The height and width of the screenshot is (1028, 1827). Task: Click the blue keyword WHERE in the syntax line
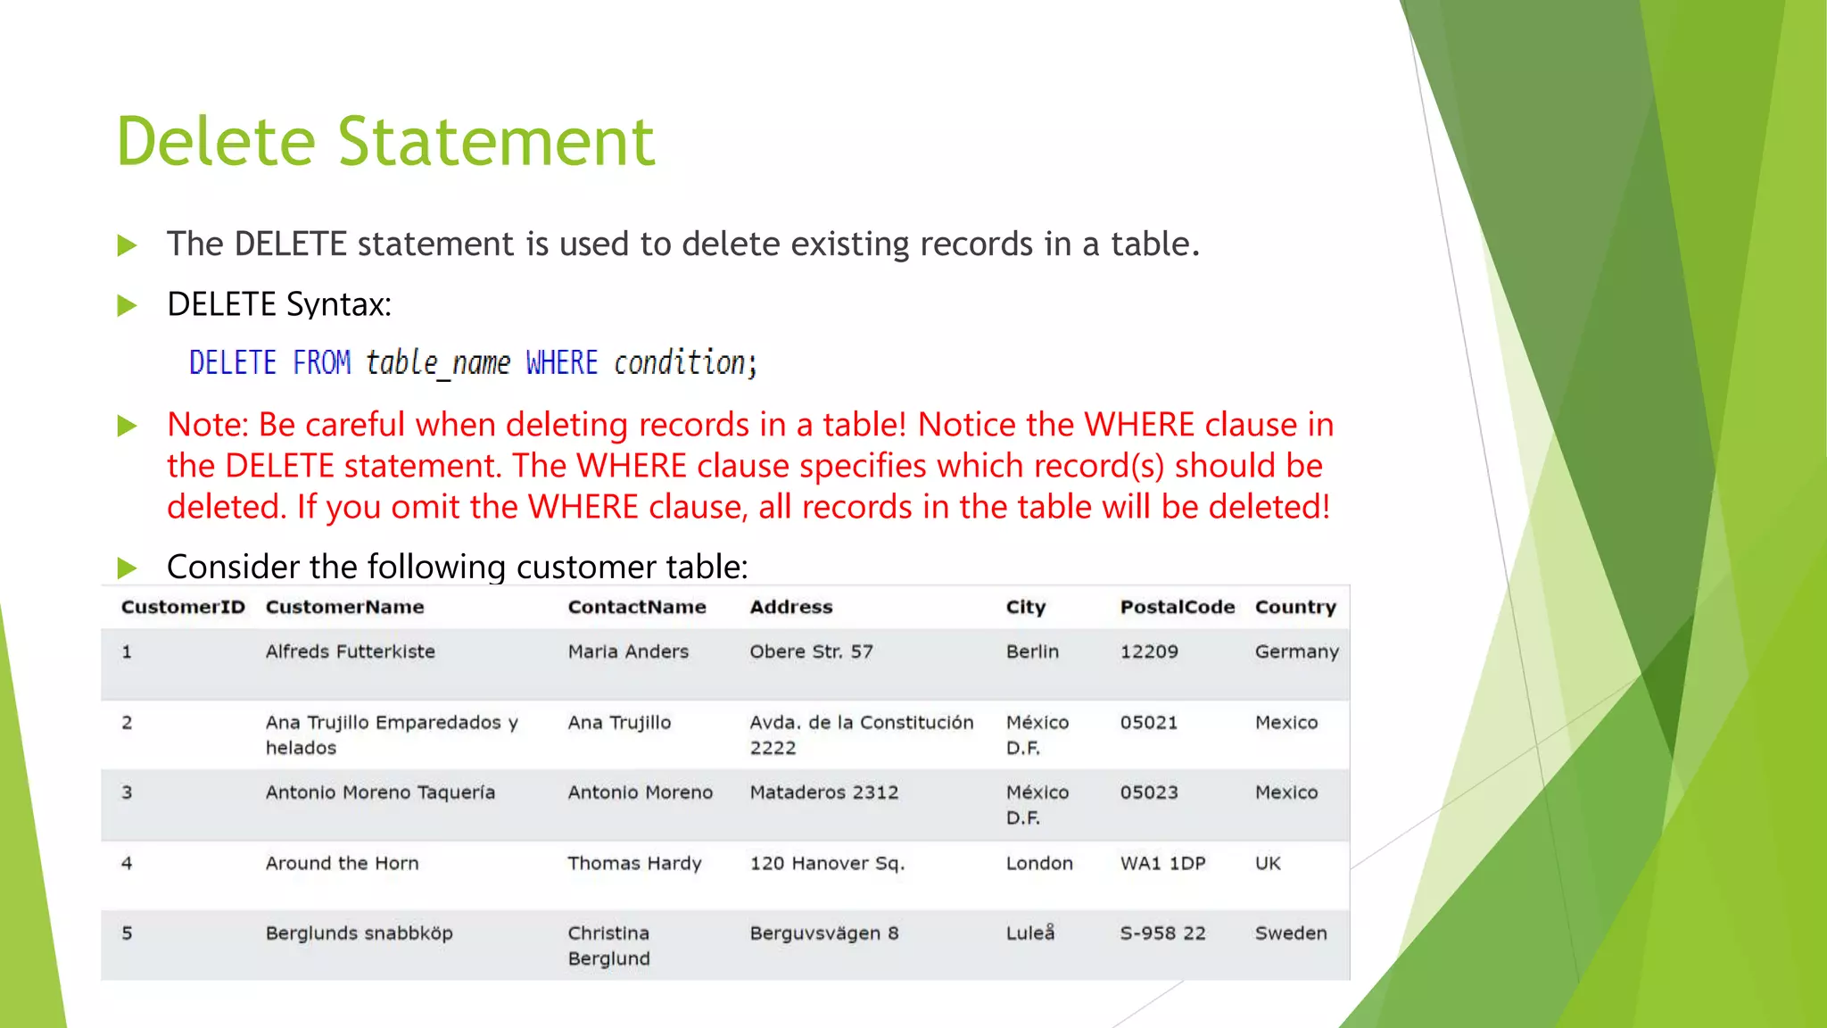point(561,363)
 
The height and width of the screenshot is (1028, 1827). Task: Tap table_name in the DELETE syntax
point(438,363)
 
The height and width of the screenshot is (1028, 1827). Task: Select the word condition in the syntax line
point(680,363)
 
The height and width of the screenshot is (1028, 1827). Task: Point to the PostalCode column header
point(1177,607)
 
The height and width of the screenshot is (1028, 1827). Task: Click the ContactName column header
point(636,607)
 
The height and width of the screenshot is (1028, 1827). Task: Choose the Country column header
point(1295,607)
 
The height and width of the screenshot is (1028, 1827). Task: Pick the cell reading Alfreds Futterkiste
point(350,651)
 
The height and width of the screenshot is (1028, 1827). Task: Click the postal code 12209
point(1149,651)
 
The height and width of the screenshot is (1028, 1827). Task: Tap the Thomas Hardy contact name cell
point(634,863)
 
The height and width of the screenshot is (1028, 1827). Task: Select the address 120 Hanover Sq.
point(827,863)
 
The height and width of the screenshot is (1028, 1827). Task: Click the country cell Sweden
point(1290,933)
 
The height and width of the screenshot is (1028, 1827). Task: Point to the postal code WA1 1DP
point(1162,863)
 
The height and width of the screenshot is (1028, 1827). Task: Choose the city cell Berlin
point(1032,651)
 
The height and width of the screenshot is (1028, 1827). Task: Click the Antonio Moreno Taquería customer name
point(380,792)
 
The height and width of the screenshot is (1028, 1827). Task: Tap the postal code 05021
point(1149,722)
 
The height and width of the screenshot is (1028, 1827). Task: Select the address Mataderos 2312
point(823,792)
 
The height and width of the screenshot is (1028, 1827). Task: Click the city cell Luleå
point(1029,933)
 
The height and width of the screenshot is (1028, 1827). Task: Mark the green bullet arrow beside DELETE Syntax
point(128,306)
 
